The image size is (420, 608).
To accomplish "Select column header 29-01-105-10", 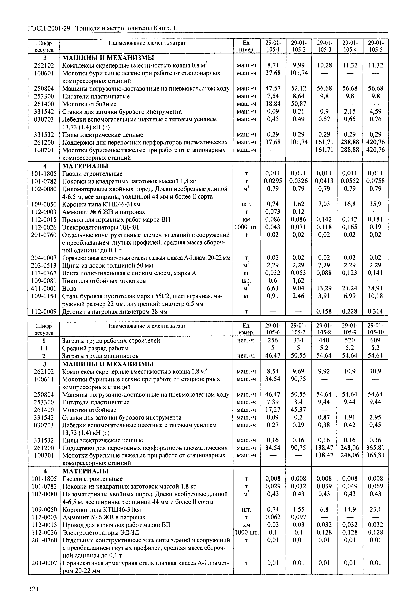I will pyautogui.click(x=376, y=329).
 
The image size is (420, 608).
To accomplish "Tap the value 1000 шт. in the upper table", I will pyautogui.click(x=247, y=227).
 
